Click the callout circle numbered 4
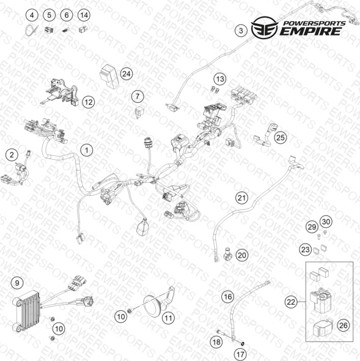click(32, 15)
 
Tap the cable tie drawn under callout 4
click(30, 31)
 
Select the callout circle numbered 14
click(84, 15)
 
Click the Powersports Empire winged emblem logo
click(265, 27)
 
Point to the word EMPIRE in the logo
click(310, 31)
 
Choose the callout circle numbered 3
click(241, 31)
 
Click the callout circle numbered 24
click(127, 74)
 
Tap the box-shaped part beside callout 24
click(109, 76)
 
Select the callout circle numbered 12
click(89, 102)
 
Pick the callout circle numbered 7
click(138, 96)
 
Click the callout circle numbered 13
click(220, 79)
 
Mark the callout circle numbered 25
click(281, 138)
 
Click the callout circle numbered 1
click(87, 151)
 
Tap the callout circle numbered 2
click(12, 155)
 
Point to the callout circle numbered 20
click(242, 255)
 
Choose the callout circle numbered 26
click(343, 326)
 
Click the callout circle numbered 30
click(326, 221)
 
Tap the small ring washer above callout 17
click(242, 344)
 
